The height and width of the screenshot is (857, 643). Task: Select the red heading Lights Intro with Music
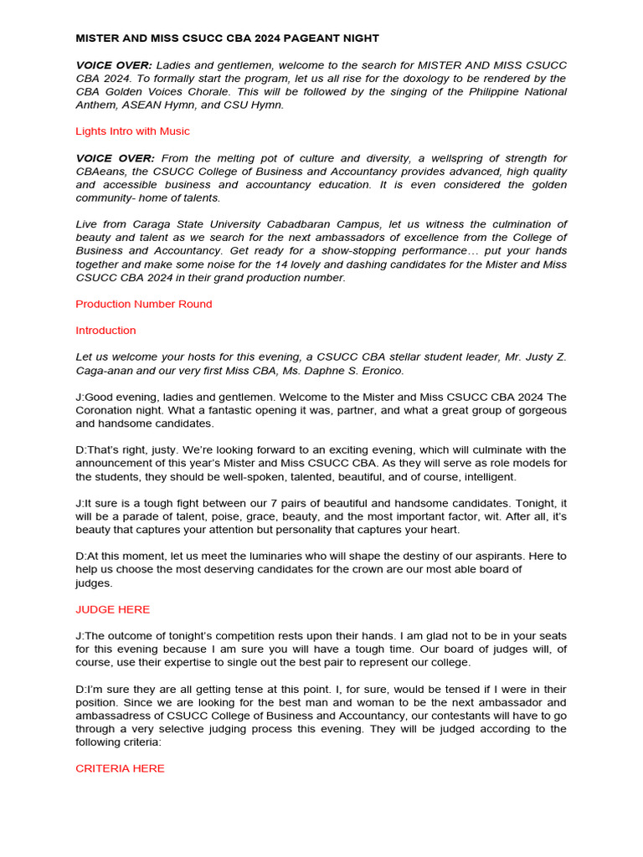point(132,131)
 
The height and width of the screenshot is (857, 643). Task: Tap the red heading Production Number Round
point(144,304)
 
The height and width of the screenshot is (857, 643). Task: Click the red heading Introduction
point(105,331)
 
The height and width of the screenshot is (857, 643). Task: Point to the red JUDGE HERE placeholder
point(113,610)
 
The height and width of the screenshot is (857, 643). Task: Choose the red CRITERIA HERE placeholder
point(120,768)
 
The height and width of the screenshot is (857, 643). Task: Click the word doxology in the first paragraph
point(387,78)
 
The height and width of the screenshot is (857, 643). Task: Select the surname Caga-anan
point(109,371)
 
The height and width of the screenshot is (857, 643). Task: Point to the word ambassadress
point(120,716)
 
